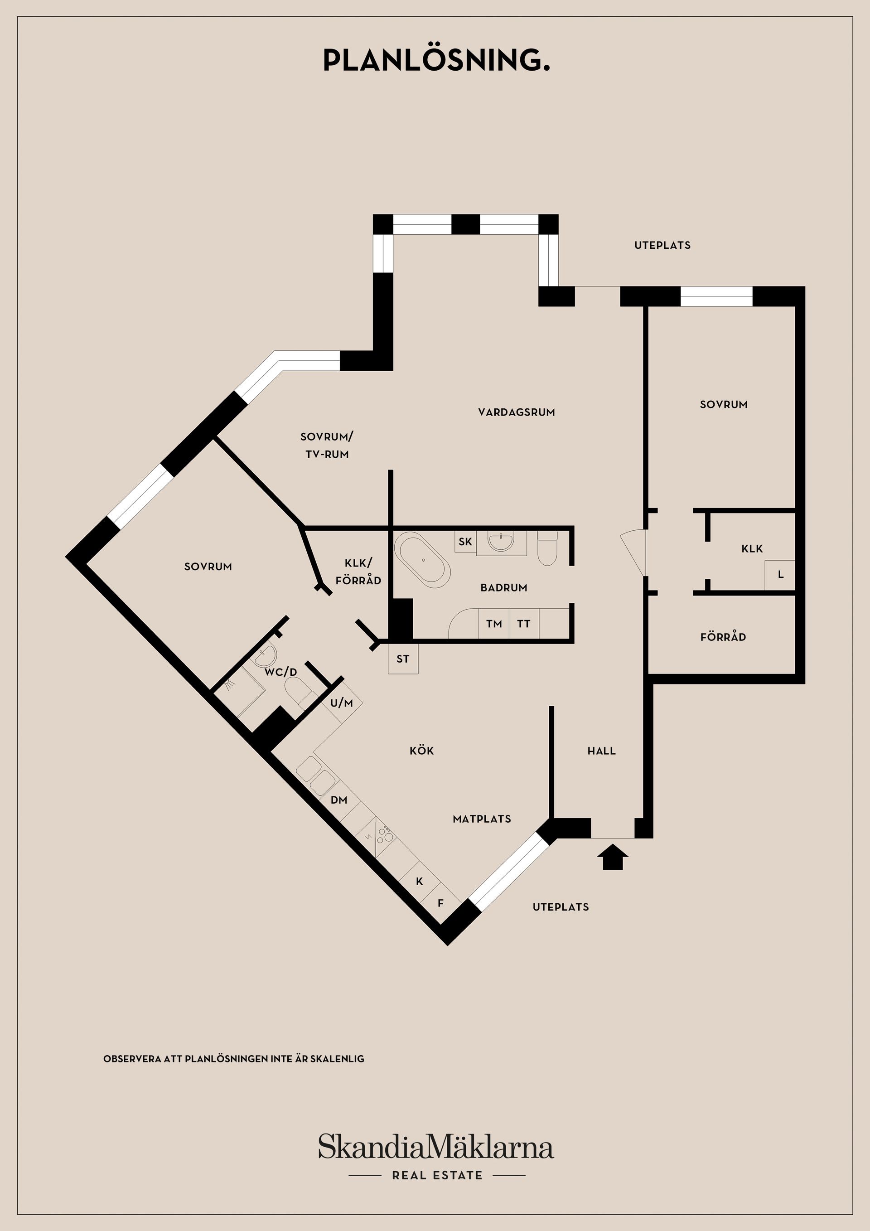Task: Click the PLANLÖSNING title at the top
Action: coord(436,61)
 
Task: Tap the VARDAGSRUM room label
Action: coord(516,412)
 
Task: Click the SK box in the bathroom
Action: coord(465,542)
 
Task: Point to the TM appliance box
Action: coord(494,624)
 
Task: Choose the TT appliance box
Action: coord(524,624)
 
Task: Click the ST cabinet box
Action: coord(402,659)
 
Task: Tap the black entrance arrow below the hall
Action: coord(612,857)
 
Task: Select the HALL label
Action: coord(601,751)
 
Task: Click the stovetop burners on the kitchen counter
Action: coord(384,833)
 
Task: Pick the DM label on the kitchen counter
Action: coord(339,800)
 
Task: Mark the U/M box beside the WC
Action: coord(342,703)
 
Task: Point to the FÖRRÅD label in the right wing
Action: coord(723,637)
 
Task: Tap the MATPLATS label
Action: coord(482,819)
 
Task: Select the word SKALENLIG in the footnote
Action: coord(337,1059)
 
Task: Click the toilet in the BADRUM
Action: coord(547,548)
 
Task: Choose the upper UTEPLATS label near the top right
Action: coord(662,246)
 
